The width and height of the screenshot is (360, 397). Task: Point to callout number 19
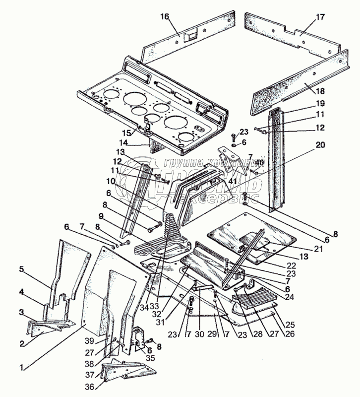[x=320, y=104]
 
